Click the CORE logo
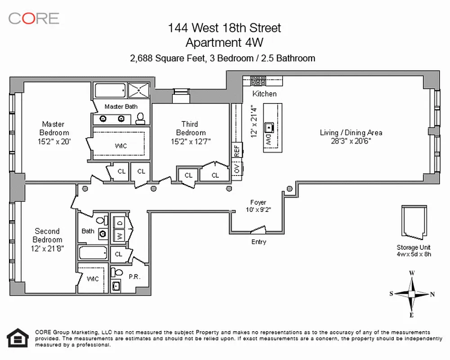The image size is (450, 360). tap(34, 18)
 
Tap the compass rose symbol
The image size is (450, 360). tap(412, 294)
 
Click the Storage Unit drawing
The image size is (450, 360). tap(414, 222)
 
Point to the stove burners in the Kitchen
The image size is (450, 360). tap(258, 81)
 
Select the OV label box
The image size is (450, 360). tap(236, 168)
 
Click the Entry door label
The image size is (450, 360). tap(258, 242)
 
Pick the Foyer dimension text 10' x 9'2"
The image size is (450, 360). tap(258, 209)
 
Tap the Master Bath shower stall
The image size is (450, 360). tap(140, 90)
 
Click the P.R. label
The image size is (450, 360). tap(135, 277)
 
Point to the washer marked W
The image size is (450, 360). tap(120, 235)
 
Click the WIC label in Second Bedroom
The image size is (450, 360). tap(94, 279)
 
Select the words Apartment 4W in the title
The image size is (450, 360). tap(224, 42)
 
